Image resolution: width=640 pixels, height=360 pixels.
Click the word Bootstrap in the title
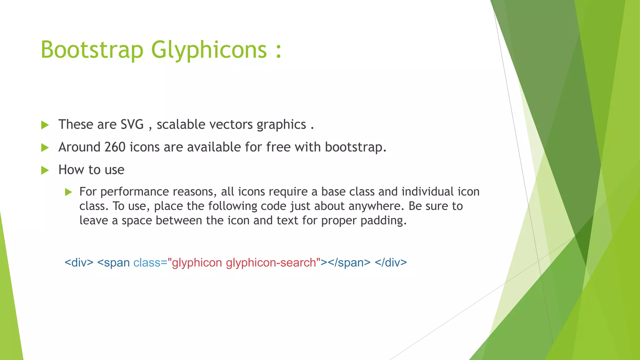point(92,50)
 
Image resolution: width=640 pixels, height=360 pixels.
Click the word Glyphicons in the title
point(209,50)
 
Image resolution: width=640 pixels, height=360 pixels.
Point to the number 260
point(115,147)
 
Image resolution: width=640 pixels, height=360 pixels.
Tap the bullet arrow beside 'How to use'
point(45,170)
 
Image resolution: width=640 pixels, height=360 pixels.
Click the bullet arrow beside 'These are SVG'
point(45,125)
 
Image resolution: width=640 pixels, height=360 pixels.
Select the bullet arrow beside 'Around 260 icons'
point(45,147)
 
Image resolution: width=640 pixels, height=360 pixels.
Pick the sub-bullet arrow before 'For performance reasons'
point(69,192)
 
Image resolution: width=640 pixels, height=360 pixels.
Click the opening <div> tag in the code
point(79,262)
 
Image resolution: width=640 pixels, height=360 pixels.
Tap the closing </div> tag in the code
point(391,262)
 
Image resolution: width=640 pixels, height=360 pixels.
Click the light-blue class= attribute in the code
point(150,262)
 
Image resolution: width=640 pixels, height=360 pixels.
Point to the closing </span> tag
point(349,262)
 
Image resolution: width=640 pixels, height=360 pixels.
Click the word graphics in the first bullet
point(281,125)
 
